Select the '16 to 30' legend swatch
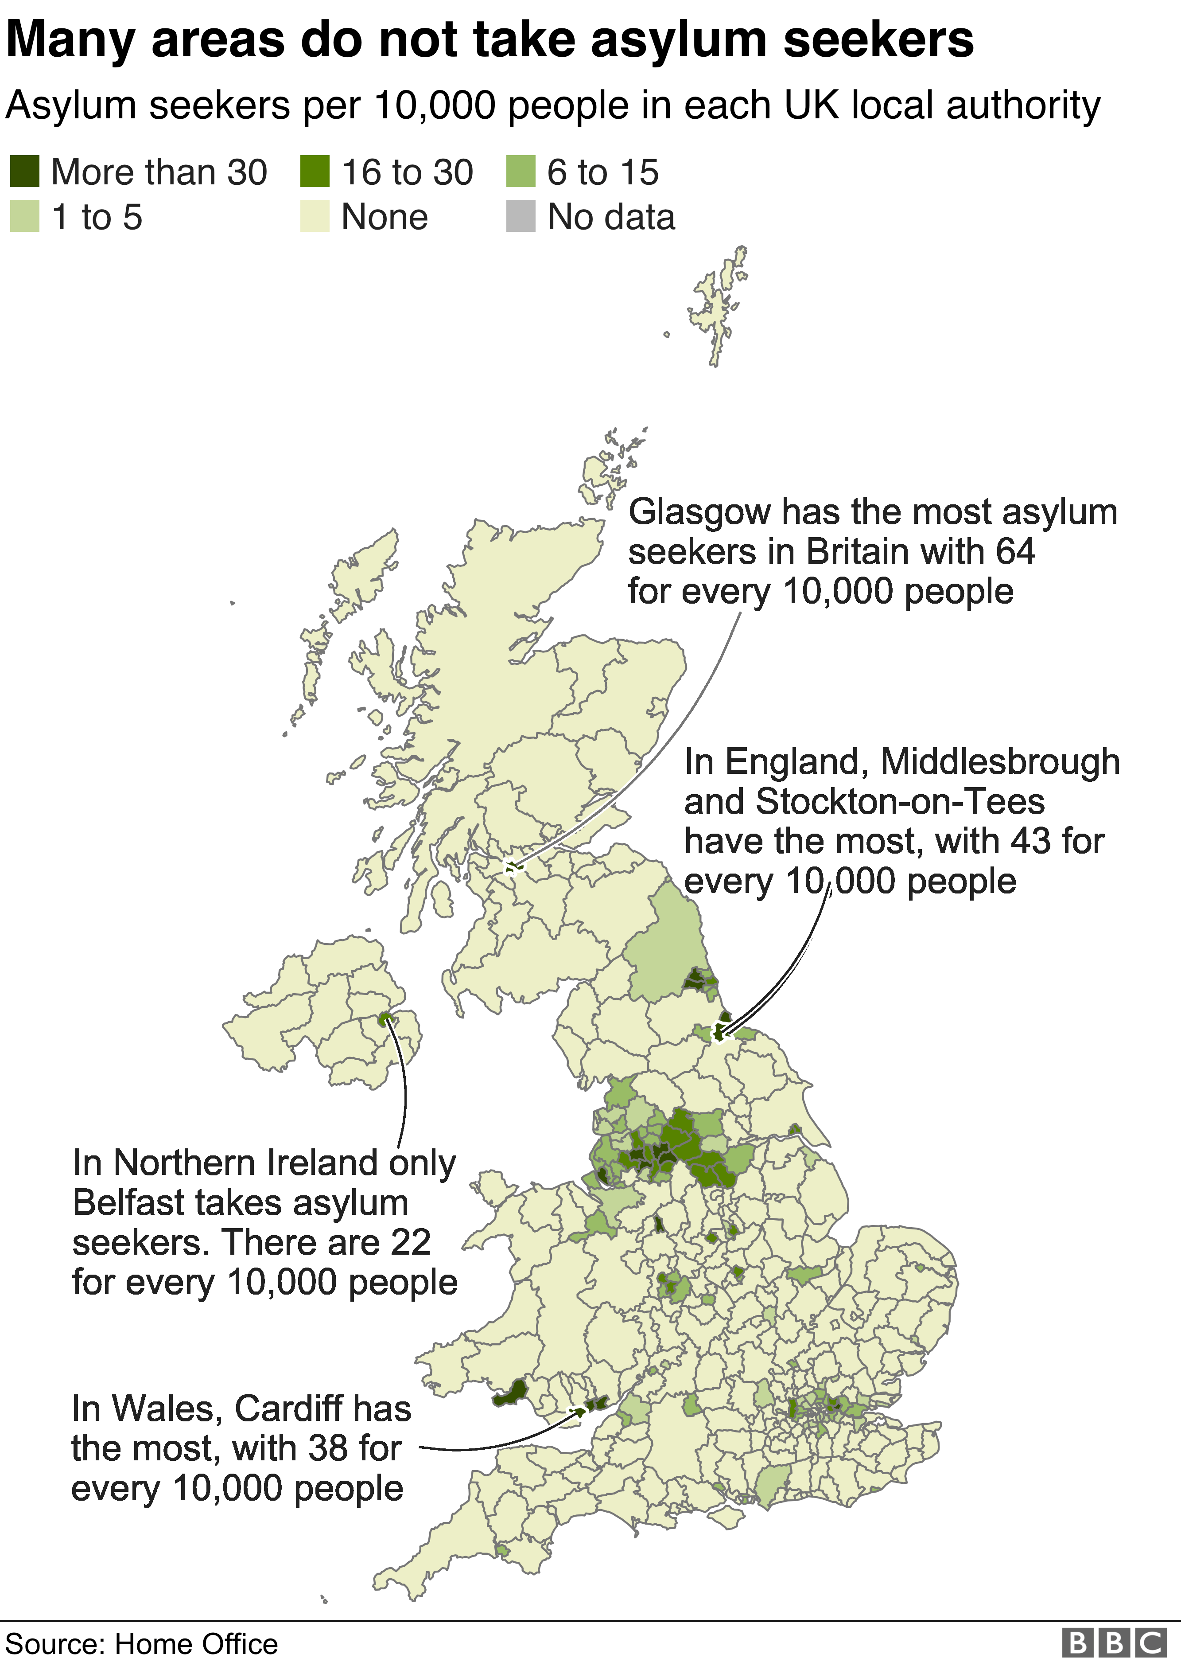315,172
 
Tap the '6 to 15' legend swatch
521,172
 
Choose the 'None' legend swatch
315,217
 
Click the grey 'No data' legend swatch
521,217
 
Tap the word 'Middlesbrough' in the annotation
1000,762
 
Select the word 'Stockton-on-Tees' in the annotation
900,802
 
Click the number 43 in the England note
1030,842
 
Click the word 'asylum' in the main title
679,40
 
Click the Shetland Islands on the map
719,305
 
